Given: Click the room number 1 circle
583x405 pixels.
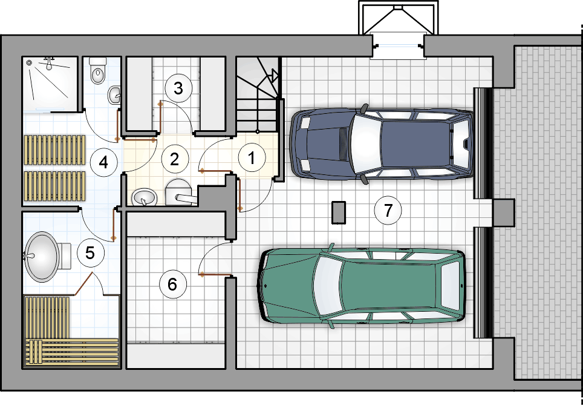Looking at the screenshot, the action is pos(252,157).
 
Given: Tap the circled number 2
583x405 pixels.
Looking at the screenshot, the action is pos(175,159).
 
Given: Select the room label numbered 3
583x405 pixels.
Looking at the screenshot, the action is pos(178,88).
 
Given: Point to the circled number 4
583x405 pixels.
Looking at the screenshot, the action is pos(104,163).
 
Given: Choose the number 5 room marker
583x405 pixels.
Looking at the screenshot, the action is pos(90,253).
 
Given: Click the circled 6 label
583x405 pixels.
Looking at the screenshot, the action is pos(172,285).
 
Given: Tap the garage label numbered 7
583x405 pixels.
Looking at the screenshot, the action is pos(388,211).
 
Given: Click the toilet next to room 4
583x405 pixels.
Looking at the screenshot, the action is pos(98,71).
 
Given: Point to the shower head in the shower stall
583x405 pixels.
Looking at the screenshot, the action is pos(49,64).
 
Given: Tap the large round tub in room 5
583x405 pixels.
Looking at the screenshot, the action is pos(41,257).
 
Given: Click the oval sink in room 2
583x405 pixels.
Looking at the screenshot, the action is pos(144,197).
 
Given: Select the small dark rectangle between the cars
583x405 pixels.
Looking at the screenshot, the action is pos(339,212).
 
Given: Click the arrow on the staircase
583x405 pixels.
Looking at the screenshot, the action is pos(273,76).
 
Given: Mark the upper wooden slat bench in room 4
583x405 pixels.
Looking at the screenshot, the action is pos(54,150).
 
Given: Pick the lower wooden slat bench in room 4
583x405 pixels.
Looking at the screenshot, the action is pos(54,186).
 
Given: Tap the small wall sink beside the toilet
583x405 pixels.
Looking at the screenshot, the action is pos(114,95).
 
